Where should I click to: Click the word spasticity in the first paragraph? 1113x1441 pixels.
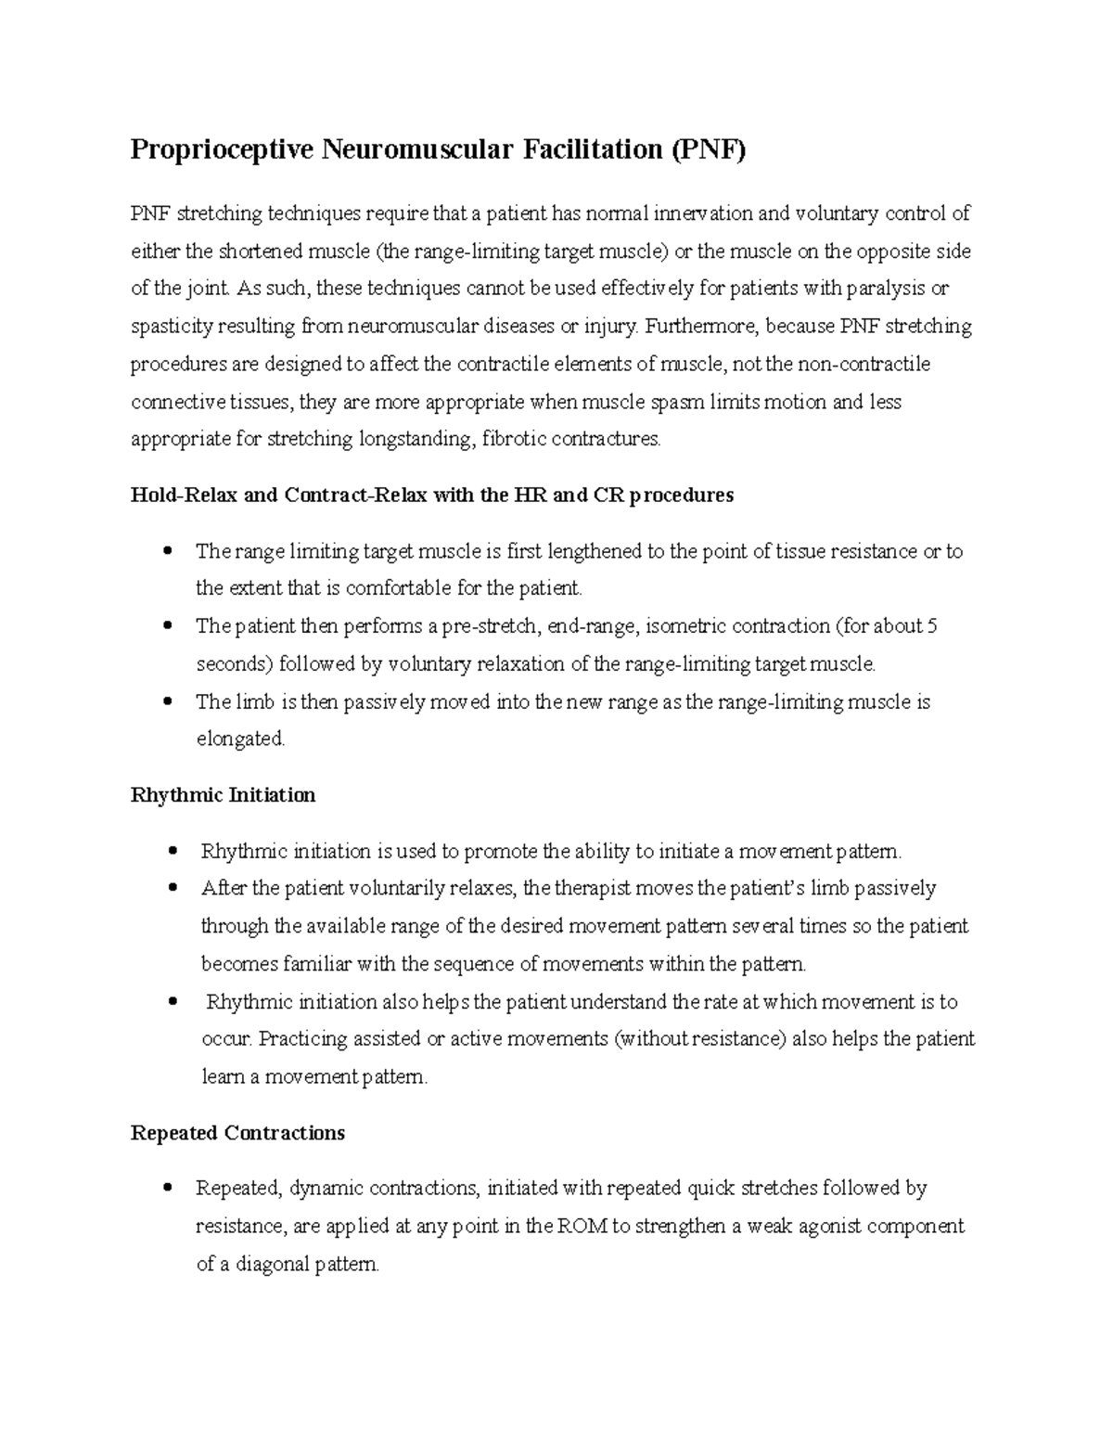click(x=171, y=327)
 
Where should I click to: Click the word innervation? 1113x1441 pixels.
click(x=704, y=213)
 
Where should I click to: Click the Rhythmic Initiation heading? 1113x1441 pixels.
click(x=223, y=795)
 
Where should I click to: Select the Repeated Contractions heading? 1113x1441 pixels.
click(x=237, y=1133)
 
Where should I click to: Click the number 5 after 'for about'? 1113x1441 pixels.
click(x=932, y=626)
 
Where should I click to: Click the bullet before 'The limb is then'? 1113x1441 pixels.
click(x=168, y=701)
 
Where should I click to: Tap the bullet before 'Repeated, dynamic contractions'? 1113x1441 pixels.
click(x=168, y=1188)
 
